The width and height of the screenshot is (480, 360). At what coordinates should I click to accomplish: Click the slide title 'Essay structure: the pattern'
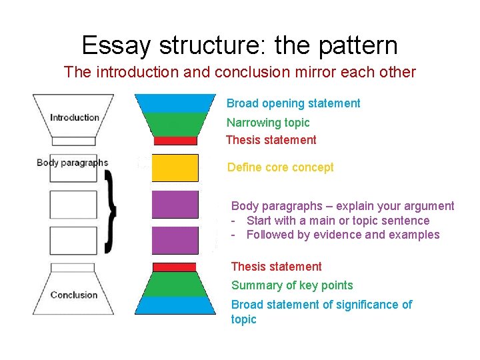[x=239, y=45]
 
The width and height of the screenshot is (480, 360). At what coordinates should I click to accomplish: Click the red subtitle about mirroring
[x=239, y=72]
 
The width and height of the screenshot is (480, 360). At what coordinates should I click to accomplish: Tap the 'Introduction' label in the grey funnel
[x=74, y=117]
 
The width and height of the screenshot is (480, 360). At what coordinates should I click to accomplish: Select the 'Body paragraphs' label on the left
[x=72, y=162]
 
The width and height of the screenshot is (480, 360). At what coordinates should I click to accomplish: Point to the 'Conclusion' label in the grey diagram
[x=73, y=295]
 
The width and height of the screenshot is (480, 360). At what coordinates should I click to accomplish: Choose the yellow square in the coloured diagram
[x=175, y=167]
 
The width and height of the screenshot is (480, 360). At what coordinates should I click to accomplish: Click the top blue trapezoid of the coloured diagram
[x=175, y=103]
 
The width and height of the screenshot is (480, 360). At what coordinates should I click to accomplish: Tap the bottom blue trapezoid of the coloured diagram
[x=175, y=305]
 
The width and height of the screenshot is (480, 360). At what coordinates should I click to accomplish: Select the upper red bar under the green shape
[x=175, y=141]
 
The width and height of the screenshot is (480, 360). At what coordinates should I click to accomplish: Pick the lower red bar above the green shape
[x=175, y=267]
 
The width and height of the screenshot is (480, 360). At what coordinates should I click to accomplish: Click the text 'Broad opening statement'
[x=293, y=103]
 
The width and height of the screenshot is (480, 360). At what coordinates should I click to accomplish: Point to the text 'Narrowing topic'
[x=268, y=123]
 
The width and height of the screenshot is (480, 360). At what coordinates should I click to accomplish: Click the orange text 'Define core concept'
[x=281, y=167]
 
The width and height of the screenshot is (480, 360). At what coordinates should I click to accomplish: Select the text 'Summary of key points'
[x=292, y=285]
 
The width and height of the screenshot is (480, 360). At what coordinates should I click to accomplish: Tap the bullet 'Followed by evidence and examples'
[x=343, y=235]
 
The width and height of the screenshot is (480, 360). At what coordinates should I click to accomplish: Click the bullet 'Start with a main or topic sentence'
[x=338, y=221]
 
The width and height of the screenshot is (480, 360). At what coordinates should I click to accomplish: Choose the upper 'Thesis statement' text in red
[x=271, y=140]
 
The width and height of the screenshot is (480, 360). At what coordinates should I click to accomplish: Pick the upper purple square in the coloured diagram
[x=175, y=204]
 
